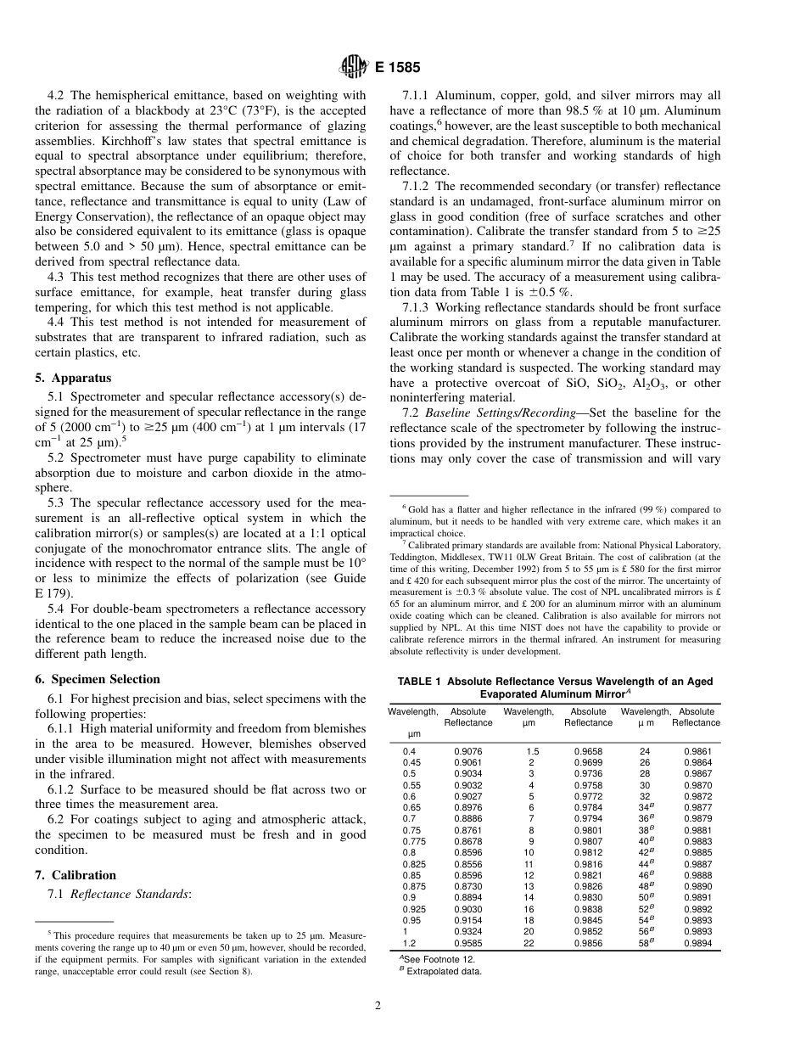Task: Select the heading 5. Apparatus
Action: pyautogui.click(x=73, y=378)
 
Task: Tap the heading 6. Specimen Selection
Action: pyautogui.click(x=98, y=679)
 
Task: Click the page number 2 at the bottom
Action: pyautogui.click(x=378, y=1007)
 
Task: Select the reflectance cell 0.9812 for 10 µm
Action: pyautogui.click(x=588, y=851)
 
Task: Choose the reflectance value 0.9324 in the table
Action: pyautogui.click(x=467, y=930)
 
